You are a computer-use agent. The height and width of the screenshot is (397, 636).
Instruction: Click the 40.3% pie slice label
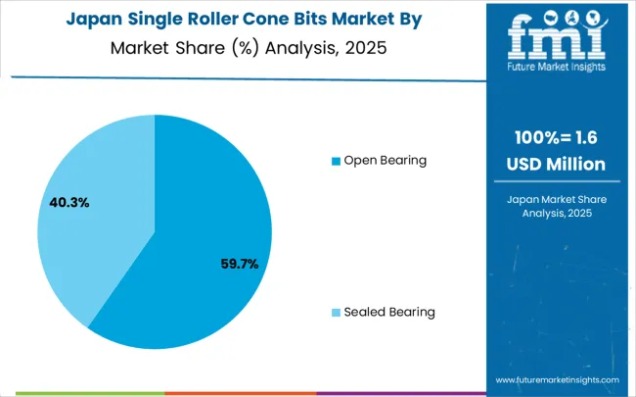pos(69,203)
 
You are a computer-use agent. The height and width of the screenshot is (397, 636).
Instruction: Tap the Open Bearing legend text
pos(385,160)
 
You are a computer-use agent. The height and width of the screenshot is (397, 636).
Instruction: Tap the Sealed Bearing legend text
pos(389,312)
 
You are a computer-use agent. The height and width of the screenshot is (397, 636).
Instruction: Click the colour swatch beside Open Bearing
pos(337,161)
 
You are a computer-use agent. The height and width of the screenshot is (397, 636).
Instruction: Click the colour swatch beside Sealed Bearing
pos(337,313)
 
